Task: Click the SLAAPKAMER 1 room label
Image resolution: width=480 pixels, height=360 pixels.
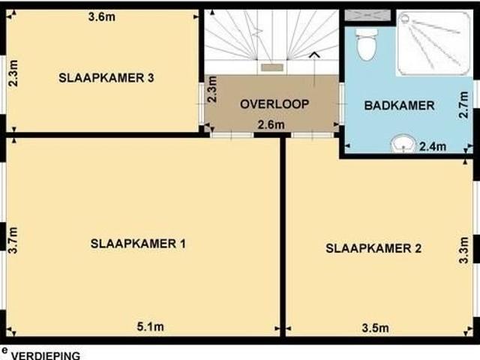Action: point(138,244)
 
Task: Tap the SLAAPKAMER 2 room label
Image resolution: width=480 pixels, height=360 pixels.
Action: point(373,247)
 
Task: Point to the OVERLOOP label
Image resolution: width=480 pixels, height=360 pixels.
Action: point(274,103)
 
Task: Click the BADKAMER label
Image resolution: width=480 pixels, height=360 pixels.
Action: point(399,106)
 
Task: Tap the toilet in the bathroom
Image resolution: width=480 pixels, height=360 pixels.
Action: point(366,45)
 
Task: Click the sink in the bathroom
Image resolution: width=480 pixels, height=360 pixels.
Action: point(403,142)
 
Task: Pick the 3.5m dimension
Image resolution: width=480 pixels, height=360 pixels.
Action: point(375,327)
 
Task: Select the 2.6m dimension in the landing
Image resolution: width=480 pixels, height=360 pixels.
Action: point(270,124)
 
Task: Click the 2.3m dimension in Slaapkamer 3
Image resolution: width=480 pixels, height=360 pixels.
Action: point(13,73)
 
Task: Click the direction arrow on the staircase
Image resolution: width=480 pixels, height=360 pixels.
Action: point(314,55)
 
